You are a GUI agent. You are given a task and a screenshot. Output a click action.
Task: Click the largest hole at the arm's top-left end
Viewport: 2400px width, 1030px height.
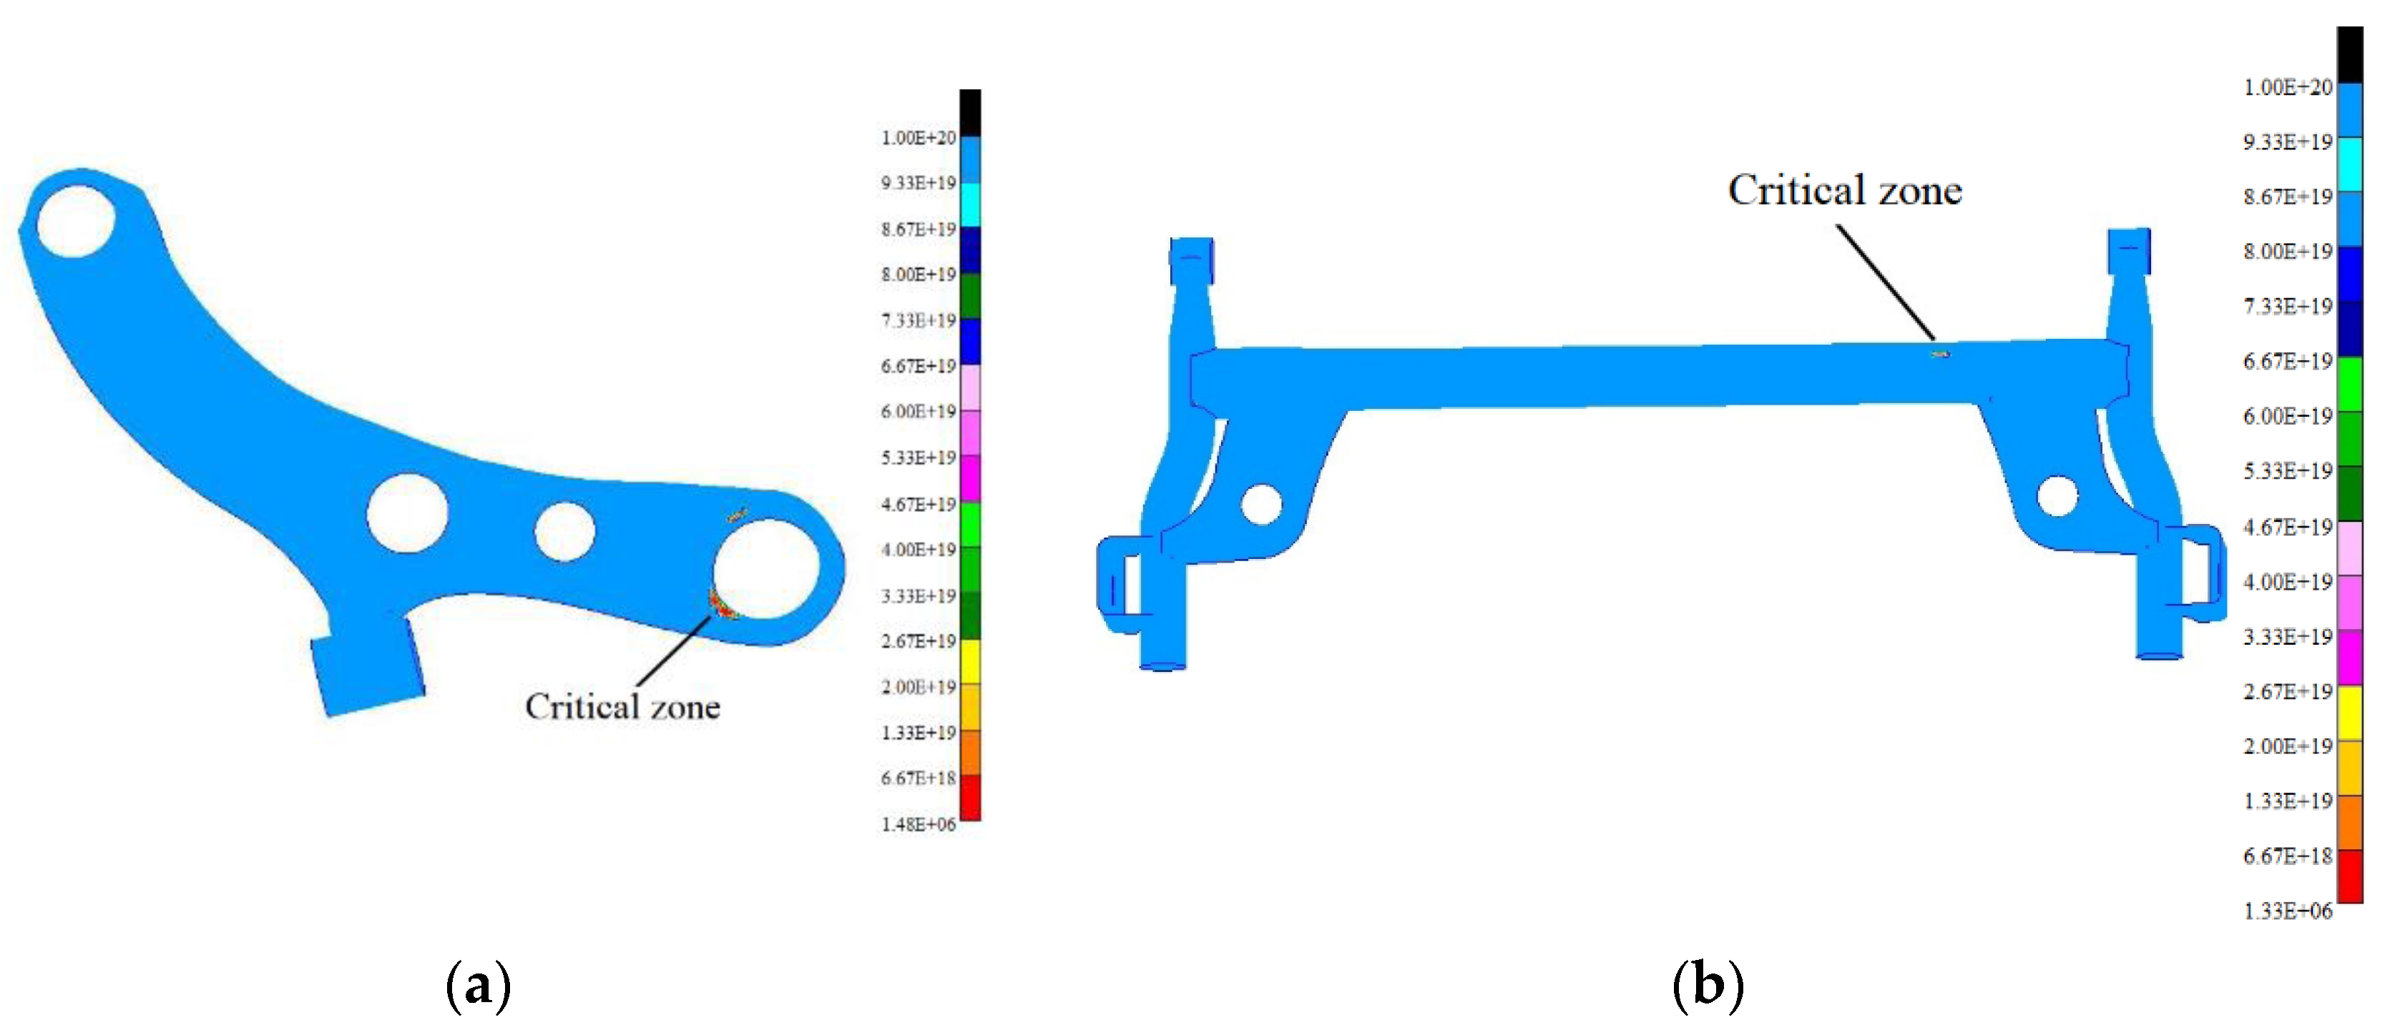(74, 219)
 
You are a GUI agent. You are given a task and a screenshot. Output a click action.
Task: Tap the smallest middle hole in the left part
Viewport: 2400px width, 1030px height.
(564, 532)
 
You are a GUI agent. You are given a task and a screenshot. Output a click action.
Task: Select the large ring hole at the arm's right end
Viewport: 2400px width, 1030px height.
(766, 569)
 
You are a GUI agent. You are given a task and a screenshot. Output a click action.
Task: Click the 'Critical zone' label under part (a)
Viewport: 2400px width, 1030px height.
(622, 707)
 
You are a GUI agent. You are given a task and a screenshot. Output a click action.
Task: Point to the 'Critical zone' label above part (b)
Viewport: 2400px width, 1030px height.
(1845, 190)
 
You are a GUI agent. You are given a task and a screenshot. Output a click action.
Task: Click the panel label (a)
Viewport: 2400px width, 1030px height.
(479, 985)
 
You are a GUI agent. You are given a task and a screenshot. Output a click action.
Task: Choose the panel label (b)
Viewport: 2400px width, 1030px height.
(1708, 985)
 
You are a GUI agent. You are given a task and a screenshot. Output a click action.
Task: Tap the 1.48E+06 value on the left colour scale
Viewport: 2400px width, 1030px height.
(918, 824)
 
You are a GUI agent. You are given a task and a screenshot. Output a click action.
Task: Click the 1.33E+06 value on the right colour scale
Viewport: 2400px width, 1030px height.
(2287, 911)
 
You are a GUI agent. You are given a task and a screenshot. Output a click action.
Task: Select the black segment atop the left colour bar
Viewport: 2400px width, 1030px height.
(970, 113)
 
